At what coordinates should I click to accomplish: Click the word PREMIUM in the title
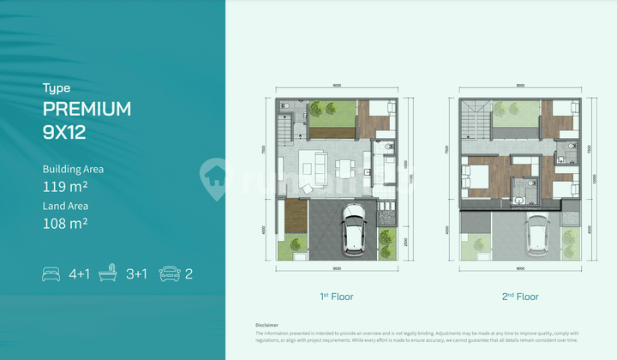(x=87, y=109)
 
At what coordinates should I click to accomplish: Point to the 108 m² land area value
(x=66, y=223)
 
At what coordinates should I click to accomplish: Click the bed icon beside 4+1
(x=51, y=274)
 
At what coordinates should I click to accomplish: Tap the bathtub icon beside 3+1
(x=108, y=274)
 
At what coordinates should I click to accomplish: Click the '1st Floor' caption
(x=336, y=297)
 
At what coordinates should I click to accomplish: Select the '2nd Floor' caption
(x=521, y=297)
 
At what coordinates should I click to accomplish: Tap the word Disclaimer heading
(x=267, y=325)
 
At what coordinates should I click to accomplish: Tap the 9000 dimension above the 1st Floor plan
(x=337, y=85)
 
